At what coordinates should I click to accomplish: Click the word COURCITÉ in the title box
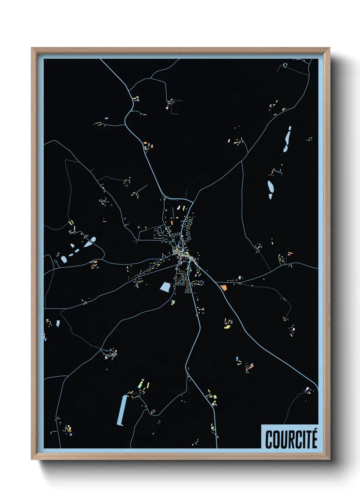tap(291, 439)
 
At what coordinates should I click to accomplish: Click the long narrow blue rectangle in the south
tap(122, 410)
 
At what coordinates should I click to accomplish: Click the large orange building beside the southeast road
tap(224, 288)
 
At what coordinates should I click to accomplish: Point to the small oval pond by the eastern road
tap(240, 278)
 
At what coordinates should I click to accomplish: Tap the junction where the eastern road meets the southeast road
tap(216, 282)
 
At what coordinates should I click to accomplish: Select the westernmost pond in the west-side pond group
tap(64, 259)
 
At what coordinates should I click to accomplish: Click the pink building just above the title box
tap(307, 389)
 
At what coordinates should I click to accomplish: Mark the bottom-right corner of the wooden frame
tap(329, 459)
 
